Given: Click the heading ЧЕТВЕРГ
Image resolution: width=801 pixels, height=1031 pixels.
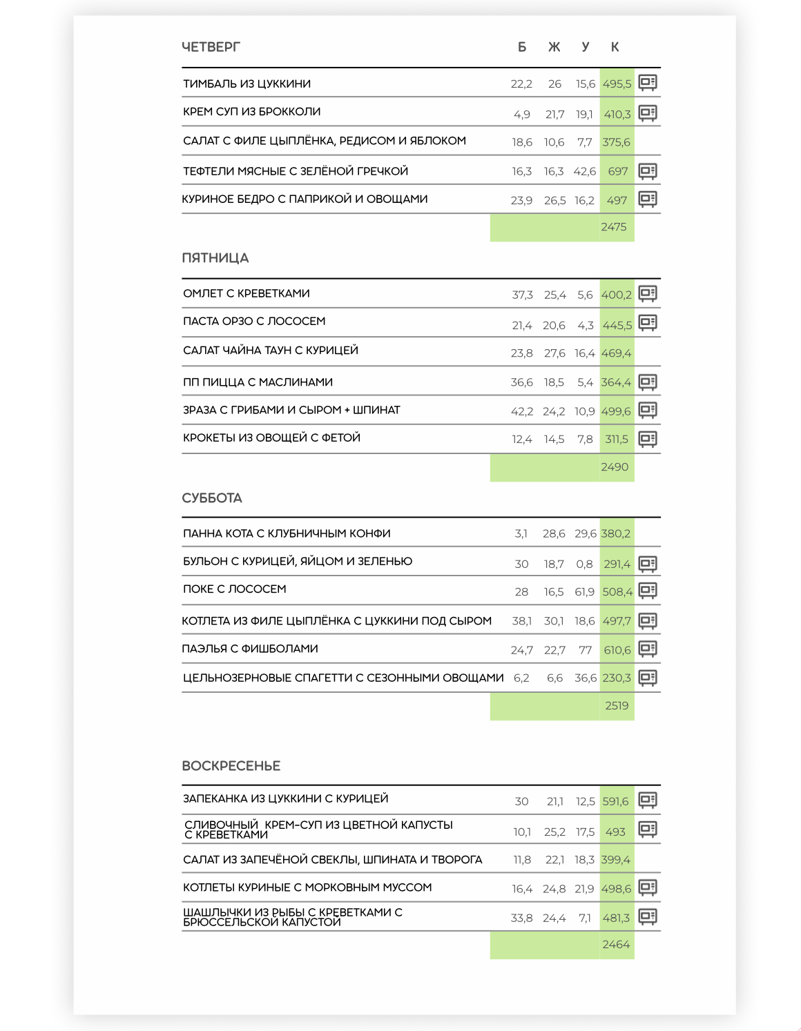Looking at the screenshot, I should (211, 47).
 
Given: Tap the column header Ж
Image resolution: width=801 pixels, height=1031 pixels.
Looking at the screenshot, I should (554, 47).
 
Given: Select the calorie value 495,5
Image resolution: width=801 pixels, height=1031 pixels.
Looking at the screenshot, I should (617, 84).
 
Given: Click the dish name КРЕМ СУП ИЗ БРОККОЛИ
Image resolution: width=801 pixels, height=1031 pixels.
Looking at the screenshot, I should (251, 112).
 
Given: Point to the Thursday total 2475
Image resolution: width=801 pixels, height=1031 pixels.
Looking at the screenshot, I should (613, 227).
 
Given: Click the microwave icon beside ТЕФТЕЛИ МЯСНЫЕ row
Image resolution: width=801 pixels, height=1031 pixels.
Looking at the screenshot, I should (648, 171).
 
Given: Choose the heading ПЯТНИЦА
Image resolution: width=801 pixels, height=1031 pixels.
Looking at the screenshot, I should (215, 258).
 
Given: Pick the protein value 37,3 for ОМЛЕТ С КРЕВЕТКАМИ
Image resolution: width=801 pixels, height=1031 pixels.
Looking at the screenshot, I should (522, 295).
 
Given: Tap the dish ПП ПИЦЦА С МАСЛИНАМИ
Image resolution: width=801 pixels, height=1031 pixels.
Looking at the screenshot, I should (258, 382).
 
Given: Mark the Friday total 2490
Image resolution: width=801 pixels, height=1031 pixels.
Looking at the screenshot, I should (614, 467).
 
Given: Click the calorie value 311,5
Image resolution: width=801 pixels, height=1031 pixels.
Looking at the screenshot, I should (617, 440).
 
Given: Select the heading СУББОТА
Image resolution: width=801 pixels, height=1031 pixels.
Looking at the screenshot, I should (212, 498).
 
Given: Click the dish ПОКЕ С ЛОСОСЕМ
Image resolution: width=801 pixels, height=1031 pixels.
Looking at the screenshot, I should (234, 589).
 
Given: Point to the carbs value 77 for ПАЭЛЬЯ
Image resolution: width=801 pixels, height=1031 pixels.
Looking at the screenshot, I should (585, 650).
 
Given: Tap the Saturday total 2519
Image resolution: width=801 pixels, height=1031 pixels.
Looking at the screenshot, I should (617, 706).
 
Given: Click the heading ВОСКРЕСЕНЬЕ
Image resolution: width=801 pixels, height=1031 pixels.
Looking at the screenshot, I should (231, 766).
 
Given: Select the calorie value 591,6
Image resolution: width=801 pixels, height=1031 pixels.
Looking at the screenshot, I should (615, 802).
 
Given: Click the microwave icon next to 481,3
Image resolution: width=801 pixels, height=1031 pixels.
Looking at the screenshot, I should (648, 917).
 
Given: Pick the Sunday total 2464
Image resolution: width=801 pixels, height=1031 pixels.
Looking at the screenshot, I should (615, 945).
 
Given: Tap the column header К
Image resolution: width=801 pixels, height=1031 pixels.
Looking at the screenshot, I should (615, 47).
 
